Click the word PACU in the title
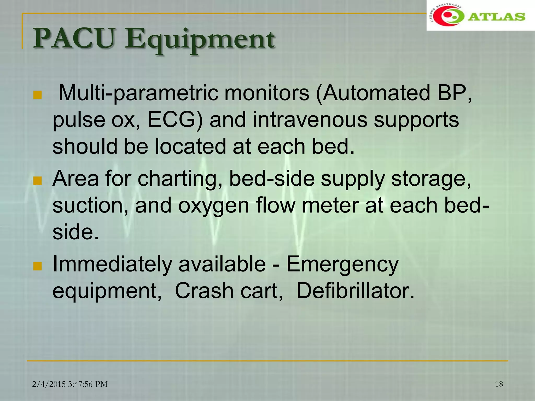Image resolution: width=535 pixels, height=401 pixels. click(74, 39)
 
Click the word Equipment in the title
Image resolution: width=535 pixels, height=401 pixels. click(199, 40)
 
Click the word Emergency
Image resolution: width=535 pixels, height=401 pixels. click(342, 265)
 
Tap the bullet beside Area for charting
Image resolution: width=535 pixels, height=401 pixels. click(38, 181)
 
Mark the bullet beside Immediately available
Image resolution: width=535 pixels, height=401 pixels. click(38, 266)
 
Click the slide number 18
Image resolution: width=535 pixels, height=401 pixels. click(499, 384)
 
